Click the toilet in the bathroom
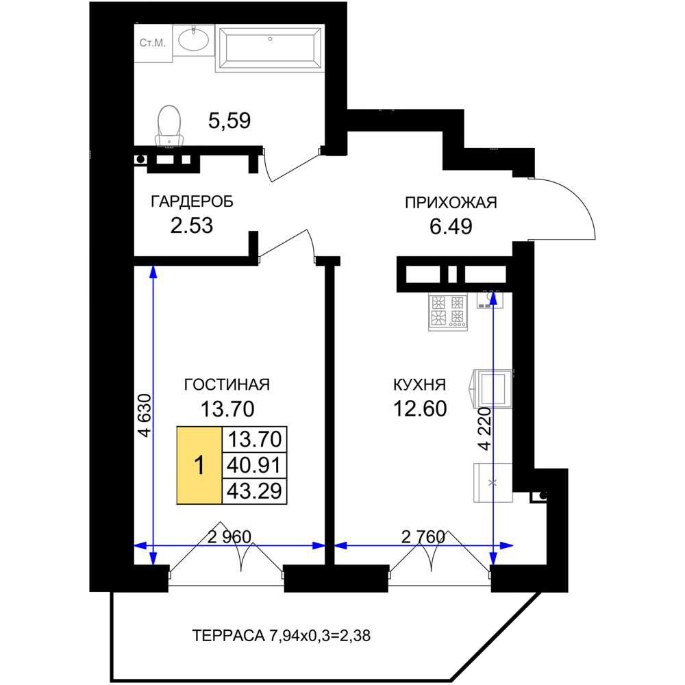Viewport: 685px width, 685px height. [169, 125]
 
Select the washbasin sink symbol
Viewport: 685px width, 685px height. [194, 40]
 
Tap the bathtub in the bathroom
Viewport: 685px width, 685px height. [269, 48]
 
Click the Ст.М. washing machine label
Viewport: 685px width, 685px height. [153, 42]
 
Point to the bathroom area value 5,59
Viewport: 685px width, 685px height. [229, 121]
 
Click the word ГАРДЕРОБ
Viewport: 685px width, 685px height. [192, 201]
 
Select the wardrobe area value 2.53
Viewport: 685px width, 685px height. [191, 225]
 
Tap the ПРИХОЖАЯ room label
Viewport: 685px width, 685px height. [451, 203]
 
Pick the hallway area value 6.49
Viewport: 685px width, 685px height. [451, 227]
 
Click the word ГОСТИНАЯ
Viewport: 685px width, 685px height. [227, 384]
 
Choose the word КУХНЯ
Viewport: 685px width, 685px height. [420, 385]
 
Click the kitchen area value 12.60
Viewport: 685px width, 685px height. [420, 409]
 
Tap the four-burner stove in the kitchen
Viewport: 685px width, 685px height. [448, 311]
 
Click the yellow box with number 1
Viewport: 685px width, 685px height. [199, 465]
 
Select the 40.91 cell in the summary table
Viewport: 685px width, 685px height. [254, 466]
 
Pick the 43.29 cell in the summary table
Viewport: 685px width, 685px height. [254, 491]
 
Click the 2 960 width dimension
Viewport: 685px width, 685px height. [229, 537]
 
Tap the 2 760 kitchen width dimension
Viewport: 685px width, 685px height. [423, 537]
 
